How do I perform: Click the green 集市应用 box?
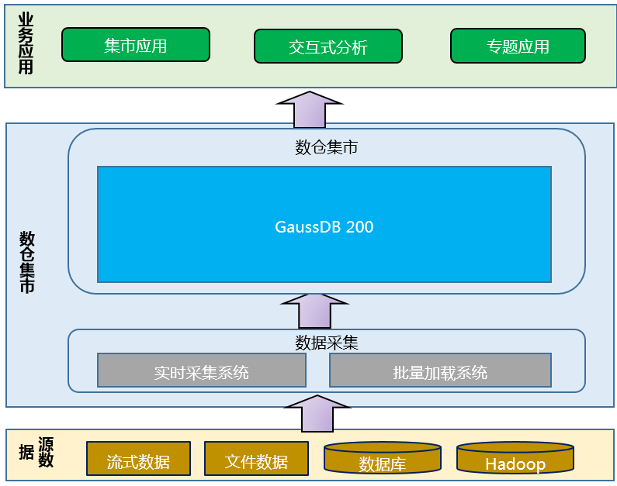click(x=135, y=46)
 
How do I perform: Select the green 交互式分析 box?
click(x=328, y=47)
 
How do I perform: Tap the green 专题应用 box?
click(x=518, y=47)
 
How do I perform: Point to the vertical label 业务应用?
click(x=26, y=43)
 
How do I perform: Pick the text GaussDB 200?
click(x=324, y=227)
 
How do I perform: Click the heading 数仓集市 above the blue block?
click(x=326, y=147)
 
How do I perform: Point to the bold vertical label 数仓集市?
click(x=27, y=262)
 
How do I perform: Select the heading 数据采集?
click(x=326, y=343)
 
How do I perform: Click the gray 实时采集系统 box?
click(x=201, y=371)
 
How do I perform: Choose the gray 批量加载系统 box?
click(x=440, y=371)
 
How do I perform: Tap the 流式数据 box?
click(x=138, y=462)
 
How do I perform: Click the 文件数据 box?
click(x=256, y=462)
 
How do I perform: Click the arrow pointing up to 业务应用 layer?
click(x=310, y=109)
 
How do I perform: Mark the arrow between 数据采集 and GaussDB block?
click(x=315, y=311)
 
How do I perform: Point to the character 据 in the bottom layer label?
click(x=26, y=453)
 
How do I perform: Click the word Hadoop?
click(x=515, y=464)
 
